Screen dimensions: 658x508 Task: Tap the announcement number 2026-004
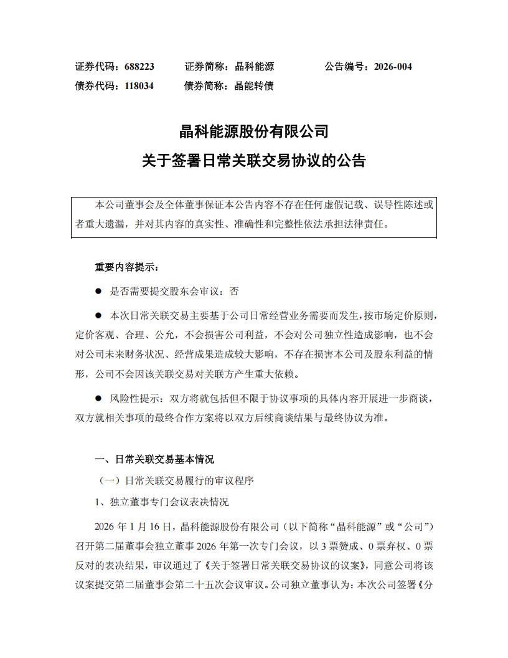(393, 67)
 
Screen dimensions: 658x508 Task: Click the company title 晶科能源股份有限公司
(253, 132)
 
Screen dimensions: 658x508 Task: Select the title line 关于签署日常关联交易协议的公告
(253, 161)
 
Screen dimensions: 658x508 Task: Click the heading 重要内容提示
(127, 267)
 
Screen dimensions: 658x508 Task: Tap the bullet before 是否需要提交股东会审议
(98, 291)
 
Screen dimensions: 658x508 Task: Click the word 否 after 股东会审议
(234, 291)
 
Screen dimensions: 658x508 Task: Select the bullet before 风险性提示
(98, 398)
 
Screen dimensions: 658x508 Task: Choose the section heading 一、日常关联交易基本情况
(154, 459)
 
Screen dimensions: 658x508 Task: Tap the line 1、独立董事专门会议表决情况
(161, 502)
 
